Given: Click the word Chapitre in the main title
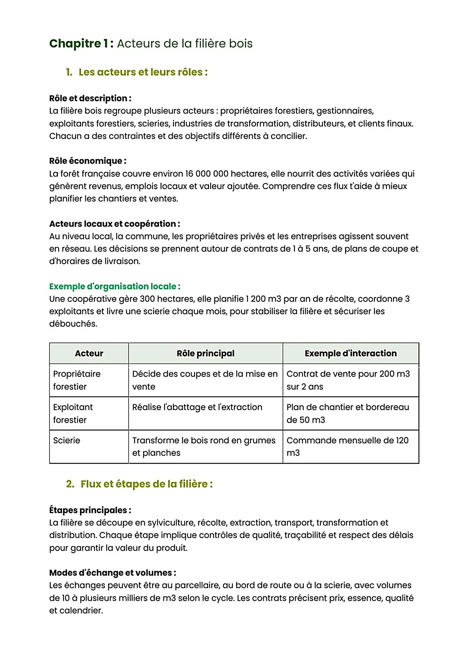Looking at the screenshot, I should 75,43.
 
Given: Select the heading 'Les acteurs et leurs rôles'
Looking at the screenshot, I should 143,72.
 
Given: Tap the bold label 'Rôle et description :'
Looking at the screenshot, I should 90,98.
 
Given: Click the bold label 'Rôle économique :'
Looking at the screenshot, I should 88,161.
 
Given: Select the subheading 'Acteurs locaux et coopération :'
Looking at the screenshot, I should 115,224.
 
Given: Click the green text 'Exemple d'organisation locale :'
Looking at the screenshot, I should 115,286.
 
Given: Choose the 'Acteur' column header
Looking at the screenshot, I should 89,353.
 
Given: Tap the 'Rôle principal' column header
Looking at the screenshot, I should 206,353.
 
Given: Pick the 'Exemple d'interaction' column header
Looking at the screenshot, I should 351,353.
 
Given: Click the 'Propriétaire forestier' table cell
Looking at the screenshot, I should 77,380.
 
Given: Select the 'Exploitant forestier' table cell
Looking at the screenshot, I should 73,413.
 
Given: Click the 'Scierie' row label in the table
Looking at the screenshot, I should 67,440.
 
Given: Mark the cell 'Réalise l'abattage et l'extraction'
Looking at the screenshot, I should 197,407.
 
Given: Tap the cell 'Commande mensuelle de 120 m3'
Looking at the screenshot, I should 347,446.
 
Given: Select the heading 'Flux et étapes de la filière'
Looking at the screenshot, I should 147,484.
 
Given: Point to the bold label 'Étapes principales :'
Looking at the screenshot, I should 90,510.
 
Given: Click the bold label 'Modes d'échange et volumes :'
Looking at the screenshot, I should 113,573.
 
